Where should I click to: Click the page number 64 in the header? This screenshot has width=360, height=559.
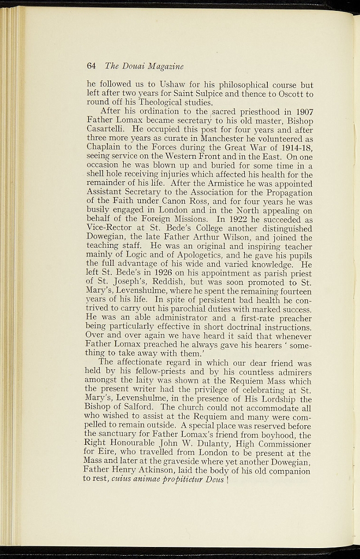(91, 66)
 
